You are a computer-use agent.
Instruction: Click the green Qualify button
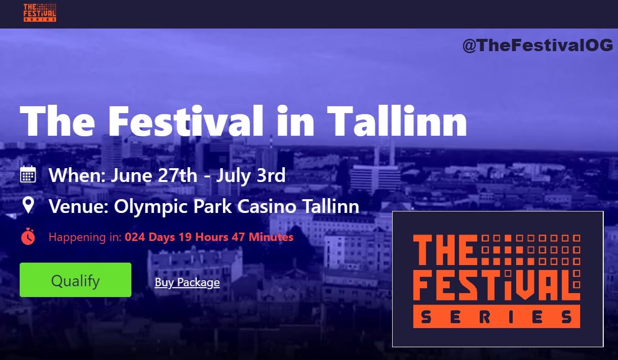75,280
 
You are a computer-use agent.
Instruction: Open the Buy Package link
187,282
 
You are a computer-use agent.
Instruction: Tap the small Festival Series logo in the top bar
40,13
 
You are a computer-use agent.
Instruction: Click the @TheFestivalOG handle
538,46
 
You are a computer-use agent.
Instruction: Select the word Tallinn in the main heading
397,120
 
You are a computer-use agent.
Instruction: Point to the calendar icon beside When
28,174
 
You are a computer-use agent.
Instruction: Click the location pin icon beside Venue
28,205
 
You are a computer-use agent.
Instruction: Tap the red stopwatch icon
28,237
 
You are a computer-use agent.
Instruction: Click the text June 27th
154,176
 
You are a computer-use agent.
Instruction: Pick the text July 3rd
251,176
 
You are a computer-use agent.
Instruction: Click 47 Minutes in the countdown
262,237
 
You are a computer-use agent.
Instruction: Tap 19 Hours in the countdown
203,237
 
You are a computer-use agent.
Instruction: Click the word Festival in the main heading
186,120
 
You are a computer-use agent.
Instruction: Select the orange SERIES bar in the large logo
496,316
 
